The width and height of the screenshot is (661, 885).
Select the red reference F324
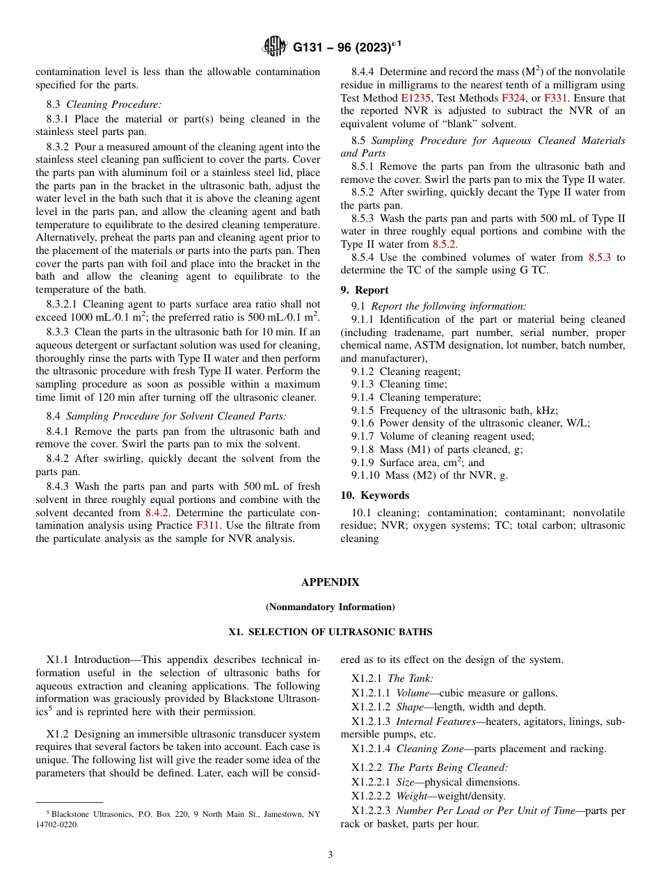513,98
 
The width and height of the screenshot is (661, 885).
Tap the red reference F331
555,98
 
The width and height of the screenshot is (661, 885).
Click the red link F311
208,525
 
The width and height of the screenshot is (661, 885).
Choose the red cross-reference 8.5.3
599,257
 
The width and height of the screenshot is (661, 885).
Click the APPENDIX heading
330,582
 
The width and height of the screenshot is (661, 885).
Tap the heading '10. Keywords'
374,495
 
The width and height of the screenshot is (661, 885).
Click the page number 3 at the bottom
330,855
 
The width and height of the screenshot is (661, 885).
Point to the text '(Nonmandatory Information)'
330,607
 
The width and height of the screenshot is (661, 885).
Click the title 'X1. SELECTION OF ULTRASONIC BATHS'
330,632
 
